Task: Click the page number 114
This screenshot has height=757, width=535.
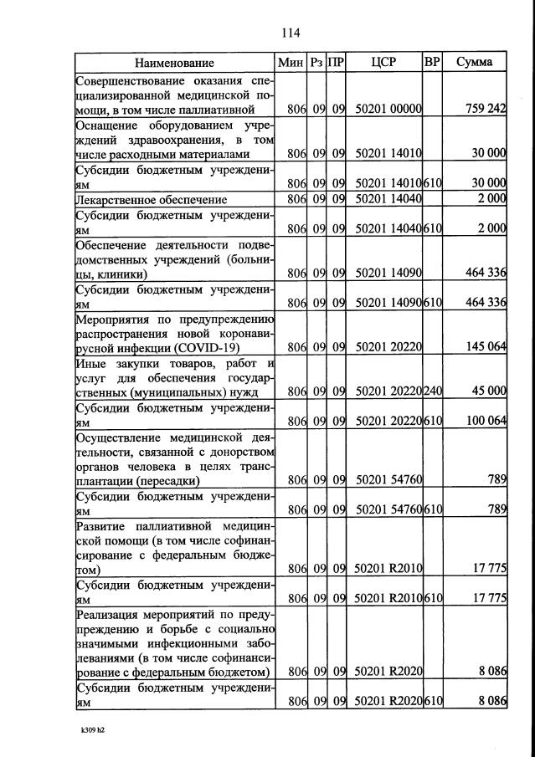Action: pyautogui.click(x=291, y=33)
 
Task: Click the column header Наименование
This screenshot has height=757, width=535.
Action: pyautogui.click(x=175, y=63)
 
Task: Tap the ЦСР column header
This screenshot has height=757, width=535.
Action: pyautogui.click(x=382, y=63)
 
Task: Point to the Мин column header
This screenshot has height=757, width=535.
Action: pyautogui.click(x=291, y=63)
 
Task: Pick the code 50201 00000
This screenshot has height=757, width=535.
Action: pyautogui.click(x=388, y=109)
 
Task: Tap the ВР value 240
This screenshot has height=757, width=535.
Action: pyautogui.click(x=432, y=391)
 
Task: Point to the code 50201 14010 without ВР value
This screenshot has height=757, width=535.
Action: pyautogui.click(x=388, y=154)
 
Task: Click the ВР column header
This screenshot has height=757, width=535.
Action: pyautogui.click(x=432, y=63)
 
